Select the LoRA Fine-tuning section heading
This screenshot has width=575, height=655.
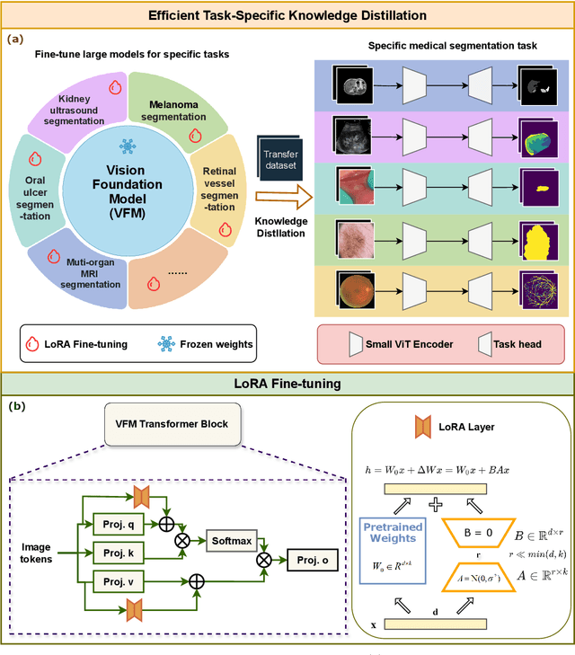(x=287, y=384)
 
